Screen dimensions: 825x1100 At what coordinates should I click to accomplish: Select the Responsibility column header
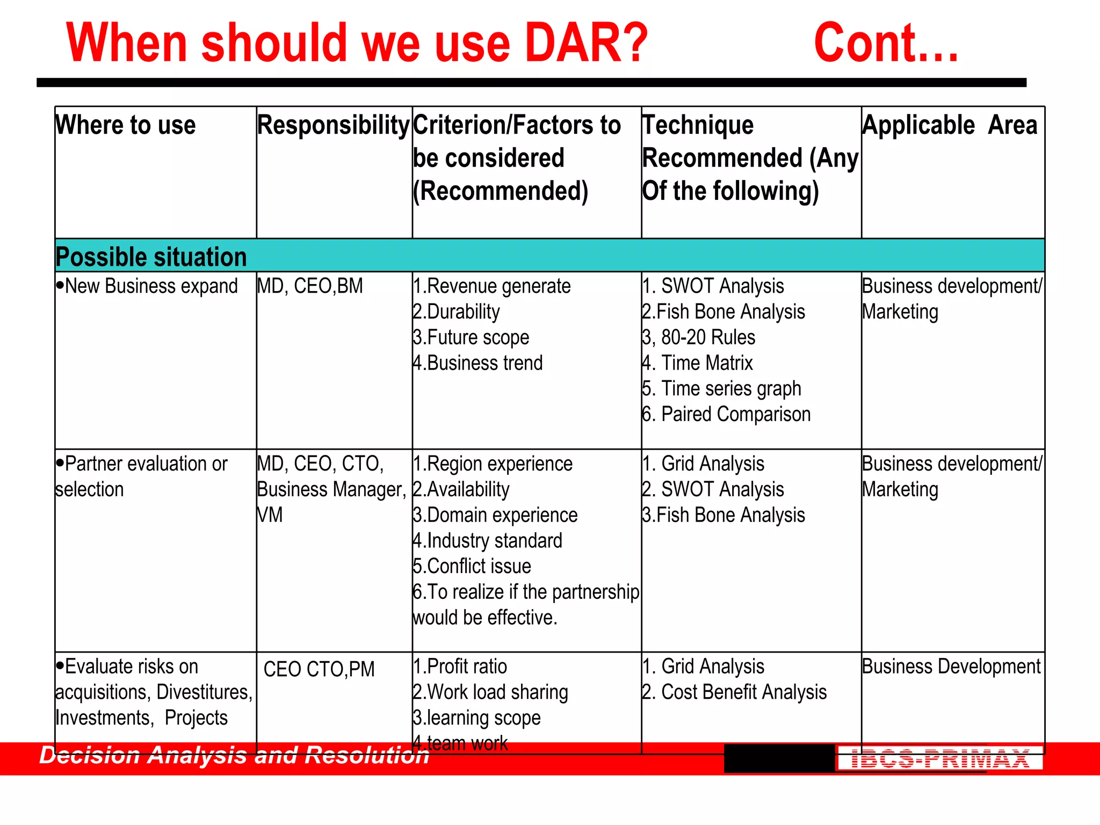tap(334, 125)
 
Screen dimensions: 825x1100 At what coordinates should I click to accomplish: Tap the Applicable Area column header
tap(950, 125)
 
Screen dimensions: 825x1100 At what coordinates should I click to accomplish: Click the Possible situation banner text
tap(151, 257)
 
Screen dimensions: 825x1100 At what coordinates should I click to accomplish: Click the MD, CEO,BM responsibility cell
tap(310, 286)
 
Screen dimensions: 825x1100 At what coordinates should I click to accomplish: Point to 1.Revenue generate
tap(491, 286)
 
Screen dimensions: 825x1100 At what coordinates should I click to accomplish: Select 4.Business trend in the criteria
tap(477, 363)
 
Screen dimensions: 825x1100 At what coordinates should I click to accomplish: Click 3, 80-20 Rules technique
tap(699, 337)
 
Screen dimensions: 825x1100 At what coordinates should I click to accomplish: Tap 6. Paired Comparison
tap(726, 414)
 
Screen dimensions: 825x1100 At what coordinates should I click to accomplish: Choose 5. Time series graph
tap(721, 388)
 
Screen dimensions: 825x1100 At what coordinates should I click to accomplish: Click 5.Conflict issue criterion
tap(472, 566)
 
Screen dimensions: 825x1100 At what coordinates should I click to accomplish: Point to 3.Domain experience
tap(495, 515)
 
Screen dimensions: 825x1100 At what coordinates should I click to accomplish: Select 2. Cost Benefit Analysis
tap(734, 692)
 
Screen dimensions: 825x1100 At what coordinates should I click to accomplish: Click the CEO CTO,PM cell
tap(319, 670)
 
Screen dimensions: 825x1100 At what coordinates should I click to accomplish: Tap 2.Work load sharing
tap(490, 692)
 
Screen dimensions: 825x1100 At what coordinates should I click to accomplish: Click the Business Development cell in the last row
tap(951, 667)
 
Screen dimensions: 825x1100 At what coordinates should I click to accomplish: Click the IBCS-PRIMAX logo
tap(940, 759)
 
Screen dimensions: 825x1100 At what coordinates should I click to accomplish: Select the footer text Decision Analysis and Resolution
tap(234, 755)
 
